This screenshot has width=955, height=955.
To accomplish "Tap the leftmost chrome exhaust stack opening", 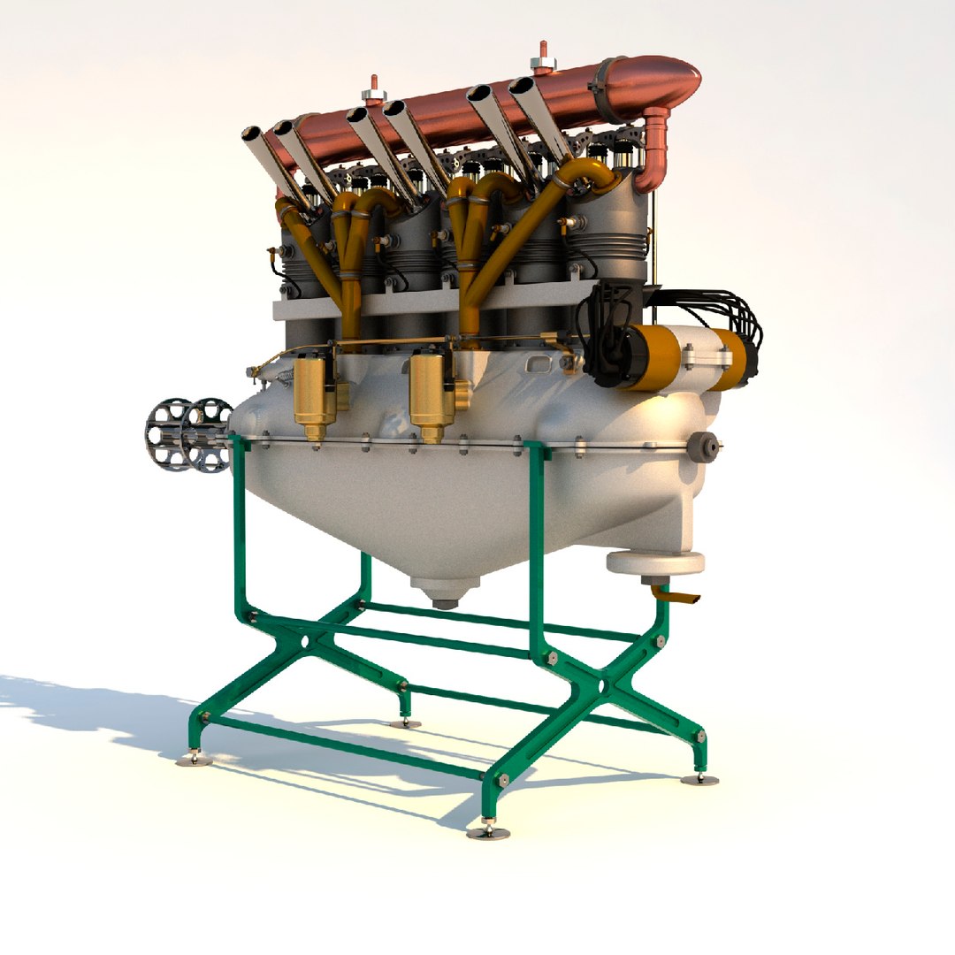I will click(x=253, y=135).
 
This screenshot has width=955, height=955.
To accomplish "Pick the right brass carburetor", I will click(x=432, y=393).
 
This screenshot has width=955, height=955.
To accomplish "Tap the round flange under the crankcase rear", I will click(x=655, y=562).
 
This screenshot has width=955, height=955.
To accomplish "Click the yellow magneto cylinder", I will click(x=655, y=356).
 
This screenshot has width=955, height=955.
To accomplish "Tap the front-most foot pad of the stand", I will click(x=487, y=830).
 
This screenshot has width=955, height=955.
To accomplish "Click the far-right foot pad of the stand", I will click(x=699, y=778).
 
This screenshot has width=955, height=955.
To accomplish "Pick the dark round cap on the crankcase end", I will click(x=703, y=447).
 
